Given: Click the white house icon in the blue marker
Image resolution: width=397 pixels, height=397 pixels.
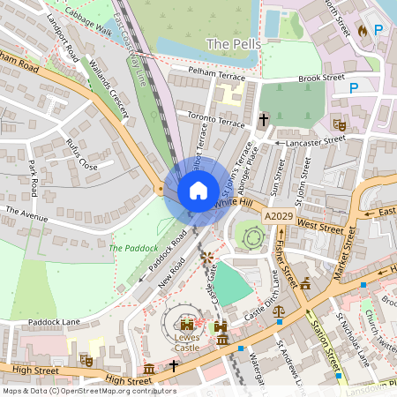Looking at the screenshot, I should [x=198, y=190].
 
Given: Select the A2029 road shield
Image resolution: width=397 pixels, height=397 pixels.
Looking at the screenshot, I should [x=278, y=216].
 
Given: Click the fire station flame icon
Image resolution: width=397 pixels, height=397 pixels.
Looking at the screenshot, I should [x=362, y=31].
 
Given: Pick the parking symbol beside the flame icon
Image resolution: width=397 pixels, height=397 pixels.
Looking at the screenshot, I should [x=379, y=31].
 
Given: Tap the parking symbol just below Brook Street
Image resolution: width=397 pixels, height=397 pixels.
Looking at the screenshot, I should [x=355, y=87].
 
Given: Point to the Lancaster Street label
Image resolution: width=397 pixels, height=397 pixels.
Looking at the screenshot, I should [x=311, y=140].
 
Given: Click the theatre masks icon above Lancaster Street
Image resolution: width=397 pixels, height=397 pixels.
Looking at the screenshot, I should [x=336, y=124].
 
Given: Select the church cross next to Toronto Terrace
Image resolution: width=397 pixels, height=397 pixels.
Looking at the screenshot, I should [x=263, y=117].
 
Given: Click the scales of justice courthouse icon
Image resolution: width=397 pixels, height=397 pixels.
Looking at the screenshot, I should [x=280, y=311].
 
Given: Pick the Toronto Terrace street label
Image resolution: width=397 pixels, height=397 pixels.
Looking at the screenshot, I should [x=211, y=119].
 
